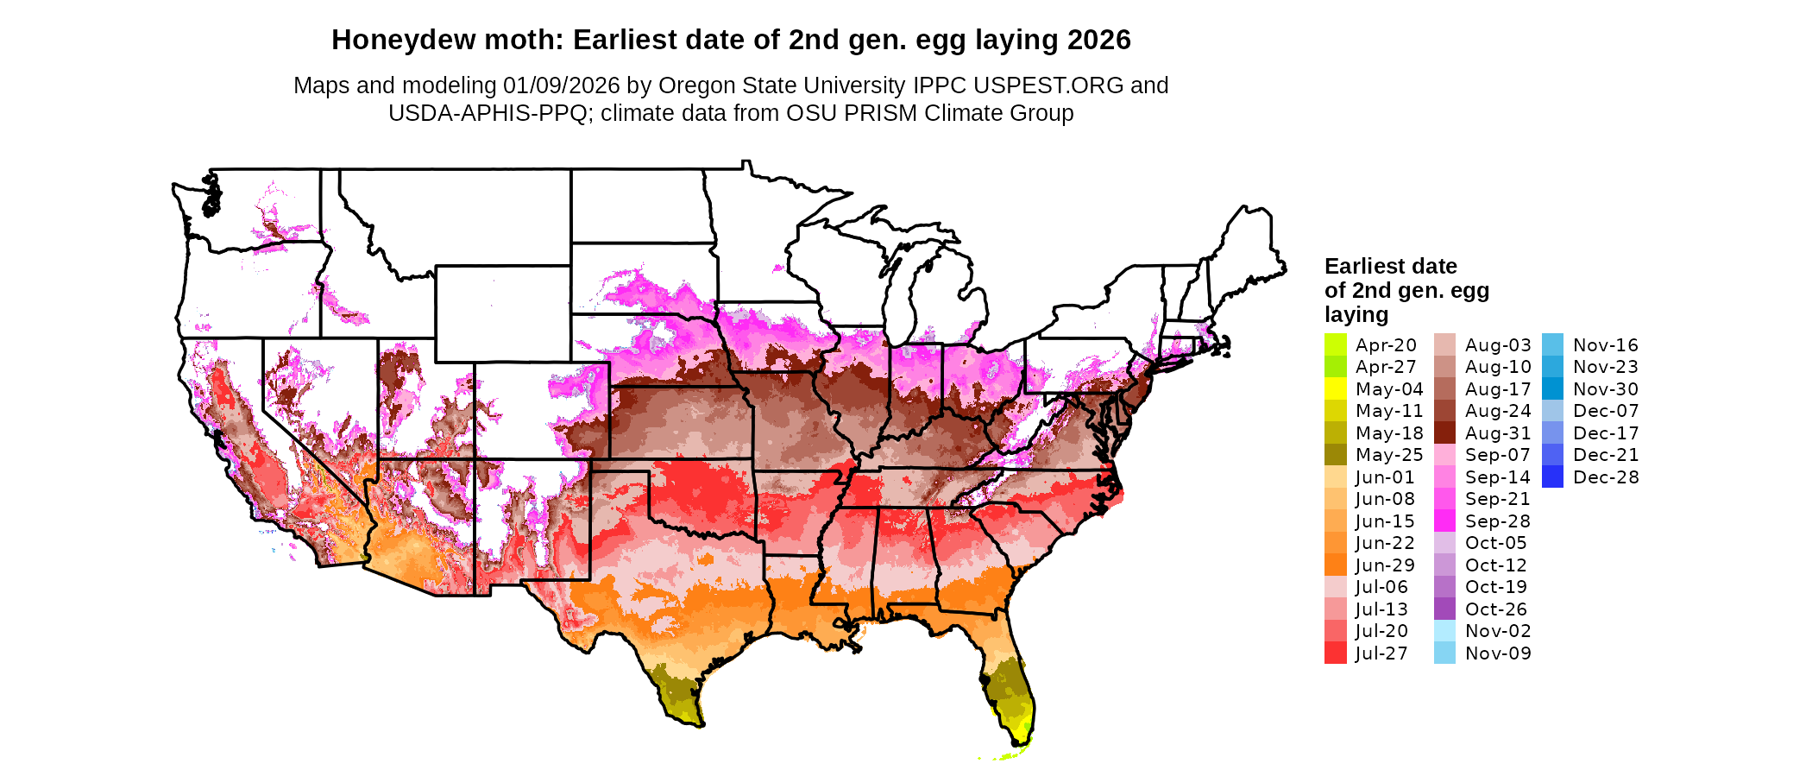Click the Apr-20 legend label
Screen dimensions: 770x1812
pos(1386,345)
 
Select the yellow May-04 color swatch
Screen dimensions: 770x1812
pos(1335,389)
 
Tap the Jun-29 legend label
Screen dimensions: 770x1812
pos(1385,565)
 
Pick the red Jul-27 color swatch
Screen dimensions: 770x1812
pos(1335,653)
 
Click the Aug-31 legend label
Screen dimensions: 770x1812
pos(1498,433)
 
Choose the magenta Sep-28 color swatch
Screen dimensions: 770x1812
pos(1444,521)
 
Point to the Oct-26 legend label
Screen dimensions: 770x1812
pos(1496,609)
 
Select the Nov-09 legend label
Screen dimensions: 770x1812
pos(1498,653)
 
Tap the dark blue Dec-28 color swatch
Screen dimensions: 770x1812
pos(1552,477)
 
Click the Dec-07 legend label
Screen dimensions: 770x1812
pos(1606,411)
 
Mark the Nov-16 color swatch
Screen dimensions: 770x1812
pos(1552,345)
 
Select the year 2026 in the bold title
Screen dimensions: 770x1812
pos(1098,41)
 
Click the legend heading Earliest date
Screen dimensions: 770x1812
pos(1390,266)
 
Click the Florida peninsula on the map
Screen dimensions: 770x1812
pos(1010,691)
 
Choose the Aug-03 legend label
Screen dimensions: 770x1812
pos(1498,345)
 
